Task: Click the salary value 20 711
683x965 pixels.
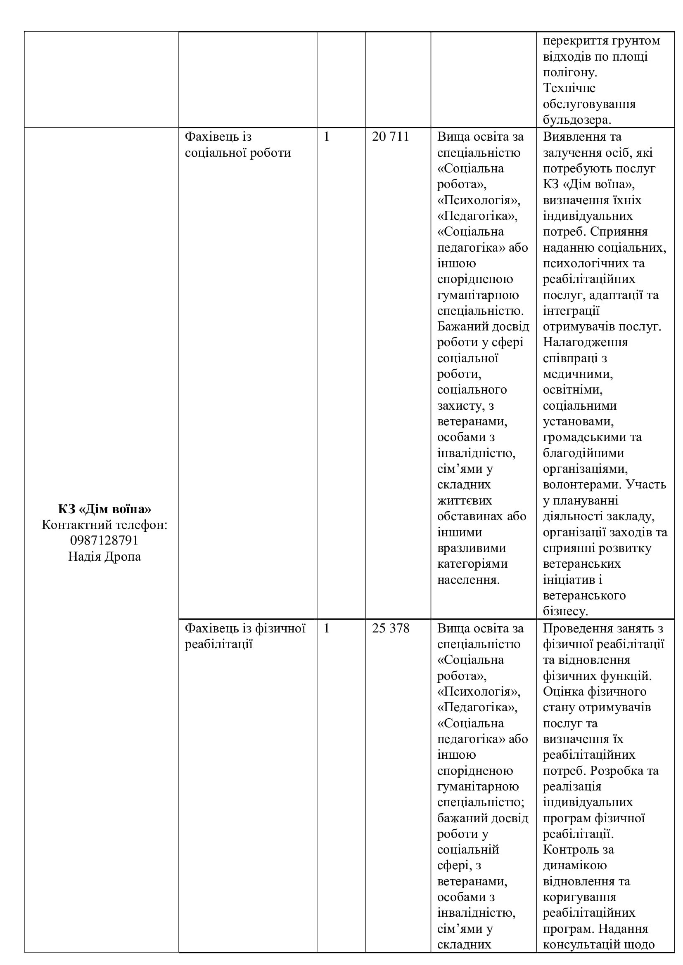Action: [x=390, y=137]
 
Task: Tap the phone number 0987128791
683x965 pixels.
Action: [x=104, y=540]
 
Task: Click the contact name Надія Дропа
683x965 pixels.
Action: [x=104, y=557]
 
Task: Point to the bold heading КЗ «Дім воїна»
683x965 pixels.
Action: [x=104, y=509]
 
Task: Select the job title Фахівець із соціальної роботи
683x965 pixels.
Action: [x=237, y=144]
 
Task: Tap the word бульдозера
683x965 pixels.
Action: [x=576, y=120]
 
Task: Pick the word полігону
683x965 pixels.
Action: [x=570, y=72]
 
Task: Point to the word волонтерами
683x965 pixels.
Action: [x=582, y=485]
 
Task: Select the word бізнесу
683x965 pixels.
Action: [x=565, y=611]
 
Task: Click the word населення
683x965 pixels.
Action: [x=469, y=580]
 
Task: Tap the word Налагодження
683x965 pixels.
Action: [x=585, y=342]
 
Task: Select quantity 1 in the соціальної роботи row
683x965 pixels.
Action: [x=327, y=137]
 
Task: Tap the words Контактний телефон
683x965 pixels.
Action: [x=104, y=524]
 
